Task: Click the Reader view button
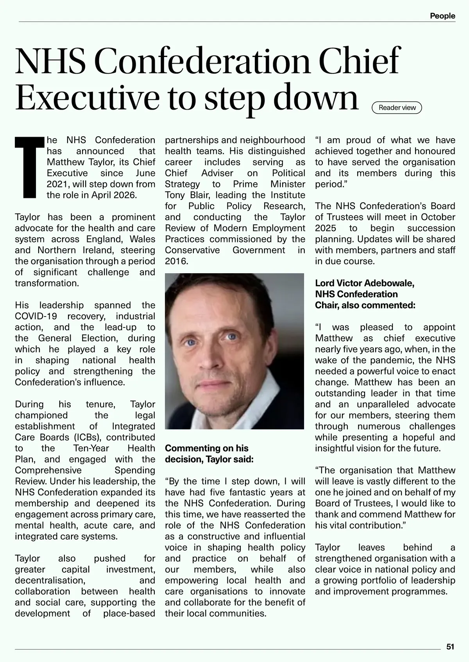397,108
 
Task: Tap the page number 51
450,647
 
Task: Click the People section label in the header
442,16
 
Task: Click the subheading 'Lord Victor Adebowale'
365,283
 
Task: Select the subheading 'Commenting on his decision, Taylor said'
209,454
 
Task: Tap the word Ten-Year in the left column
91,448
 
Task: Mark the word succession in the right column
431,228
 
